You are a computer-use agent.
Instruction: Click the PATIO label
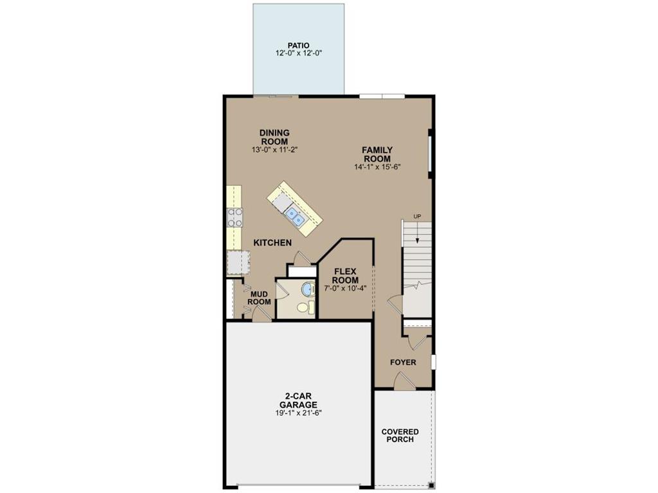(x=298, y=46)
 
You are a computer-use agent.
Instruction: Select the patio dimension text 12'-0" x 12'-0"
(x=298, y=54)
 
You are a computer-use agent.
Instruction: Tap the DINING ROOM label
(x=274, y=137)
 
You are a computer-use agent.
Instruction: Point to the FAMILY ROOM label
(x=377, y=155)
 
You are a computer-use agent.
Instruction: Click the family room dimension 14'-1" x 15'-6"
(x=377, y=167)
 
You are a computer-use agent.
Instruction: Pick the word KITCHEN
(x=272, y=243)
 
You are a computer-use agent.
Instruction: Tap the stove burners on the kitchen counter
(x=235, y=217)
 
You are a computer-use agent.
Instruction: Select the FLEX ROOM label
(x=345, y=276)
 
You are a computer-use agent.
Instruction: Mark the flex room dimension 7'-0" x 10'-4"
(x=345, y=288)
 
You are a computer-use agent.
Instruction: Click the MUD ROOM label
(x=259, y=298)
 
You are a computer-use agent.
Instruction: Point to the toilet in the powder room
(x=304, y=307)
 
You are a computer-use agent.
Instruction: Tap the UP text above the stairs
(x=417, y=216)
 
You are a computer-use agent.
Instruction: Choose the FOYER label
(x=404, y=363)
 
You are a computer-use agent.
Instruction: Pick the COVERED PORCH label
(x=400, y=435)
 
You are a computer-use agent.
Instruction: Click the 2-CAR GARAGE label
(x=298, y=401)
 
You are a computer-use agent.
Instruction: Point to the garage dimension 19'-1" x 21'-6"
(x=298, y=413)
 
